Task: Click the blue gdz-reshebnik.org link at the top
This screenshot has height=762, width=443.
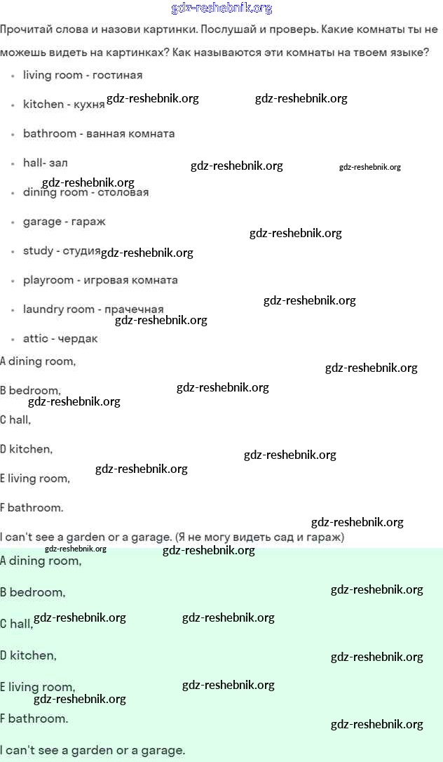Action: [221, 8]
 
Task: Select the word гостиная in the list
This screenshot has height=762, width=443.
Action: [117, 75]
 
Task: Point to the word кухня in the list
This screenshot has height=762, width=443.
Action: [88, 105]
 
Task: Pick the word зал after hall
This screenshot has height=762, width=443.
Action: [58, 163]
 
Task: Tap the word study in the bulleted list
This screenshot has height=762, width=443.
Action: [38, 250]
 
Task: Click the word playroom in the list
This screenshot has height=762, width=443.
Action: [48, 280]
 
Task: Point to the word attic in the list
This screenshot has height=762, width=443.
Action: [36, 339]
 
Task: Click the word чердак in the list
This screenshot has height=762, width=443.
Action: [79, 339]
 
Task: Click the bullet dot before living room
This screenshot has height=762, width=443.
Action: [13, 75]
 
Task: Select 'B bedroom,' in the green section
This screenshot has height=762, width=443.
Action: [33, 592]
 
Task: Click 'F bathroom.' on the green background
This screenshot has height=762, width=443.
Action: [34, 718]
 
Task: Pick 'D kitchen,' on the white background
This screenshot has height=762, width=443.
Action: [27, 449]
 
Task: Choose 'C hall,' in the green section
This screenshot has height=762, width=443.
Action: [17, 624]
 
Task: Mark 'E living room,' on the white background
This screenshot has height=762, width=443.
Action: [35, 479]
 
